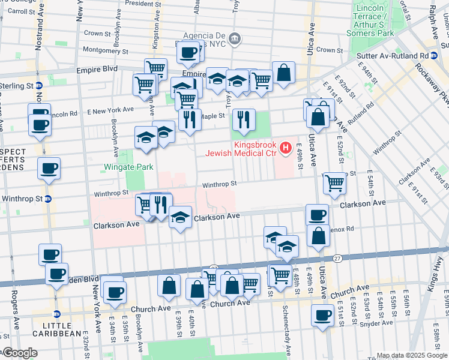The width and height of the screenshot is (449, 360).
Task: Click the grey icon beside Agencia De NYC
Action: point(236,39)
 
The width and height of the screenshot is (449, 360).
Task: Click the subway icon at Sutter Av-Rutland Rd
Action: point(434,55)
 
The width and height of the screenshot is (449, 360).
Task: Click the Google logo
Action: point(20,353)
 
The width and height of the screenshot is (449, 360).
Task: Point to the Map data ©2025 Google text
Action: point(412,355)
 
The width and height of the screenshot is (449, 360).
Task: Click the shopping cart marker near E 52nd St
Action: point(335,183)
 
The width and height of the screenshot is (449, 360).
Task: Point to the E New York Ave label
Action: point(110,110)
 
